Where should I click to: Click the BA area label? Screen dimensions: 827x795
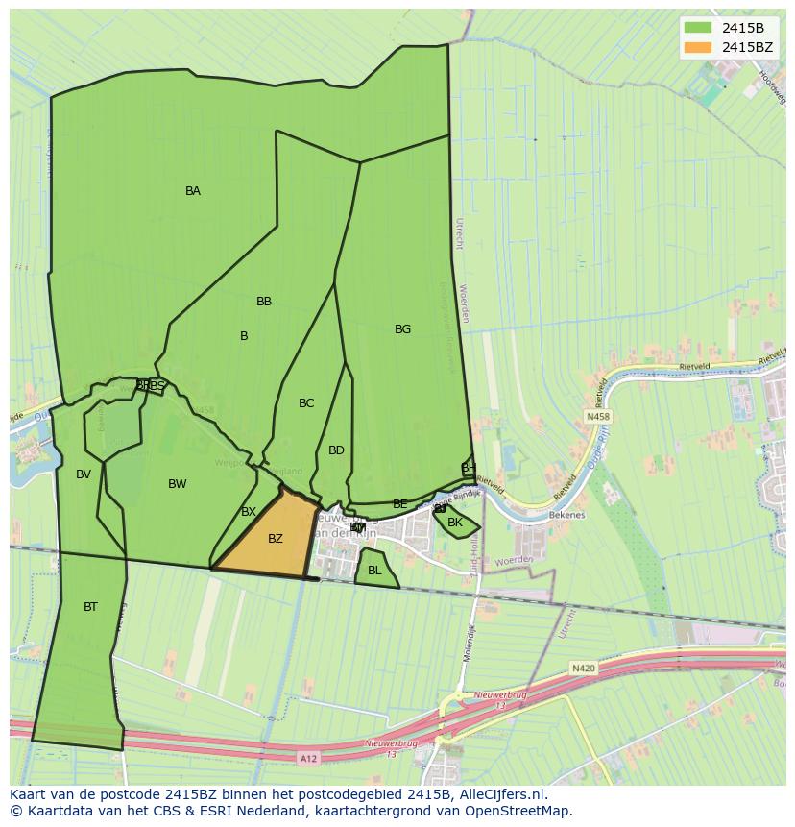point(193,191)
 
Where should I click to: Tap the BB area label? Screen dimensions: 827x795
point(264,302)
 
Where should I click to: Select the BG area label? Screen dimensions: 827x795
point(402,329)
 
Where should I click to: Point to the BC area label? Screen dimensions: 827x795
point(306,403)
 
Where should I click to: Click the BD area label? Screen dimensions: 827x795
point(336,450)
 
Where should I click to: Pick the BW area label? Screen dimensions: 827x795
point(178,484)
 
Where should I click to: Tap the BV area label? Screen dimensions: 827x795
point(84,474)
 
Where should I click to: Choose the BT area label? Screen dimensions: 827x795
point(90,607)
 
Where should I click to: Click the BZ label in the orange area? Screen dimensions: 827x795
point(276,539)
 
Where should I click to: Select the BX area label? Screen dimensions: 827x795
point(249,512)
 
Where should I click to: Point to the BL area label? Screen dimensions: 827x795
point(374,571)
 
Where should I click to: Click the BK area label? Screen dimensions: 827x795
point(455,523)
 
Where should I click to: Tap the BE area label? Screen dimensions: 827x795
point(400,504)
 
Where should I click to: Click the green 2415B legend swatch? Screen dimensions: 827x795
point(698,28)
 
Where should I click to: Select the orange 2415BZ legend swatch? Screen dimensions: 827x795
point(698,47)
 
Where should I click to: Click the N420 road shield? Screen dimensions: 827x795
point(582,668)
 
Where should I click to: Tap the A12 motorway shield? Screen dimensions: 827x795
point(307,758)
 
